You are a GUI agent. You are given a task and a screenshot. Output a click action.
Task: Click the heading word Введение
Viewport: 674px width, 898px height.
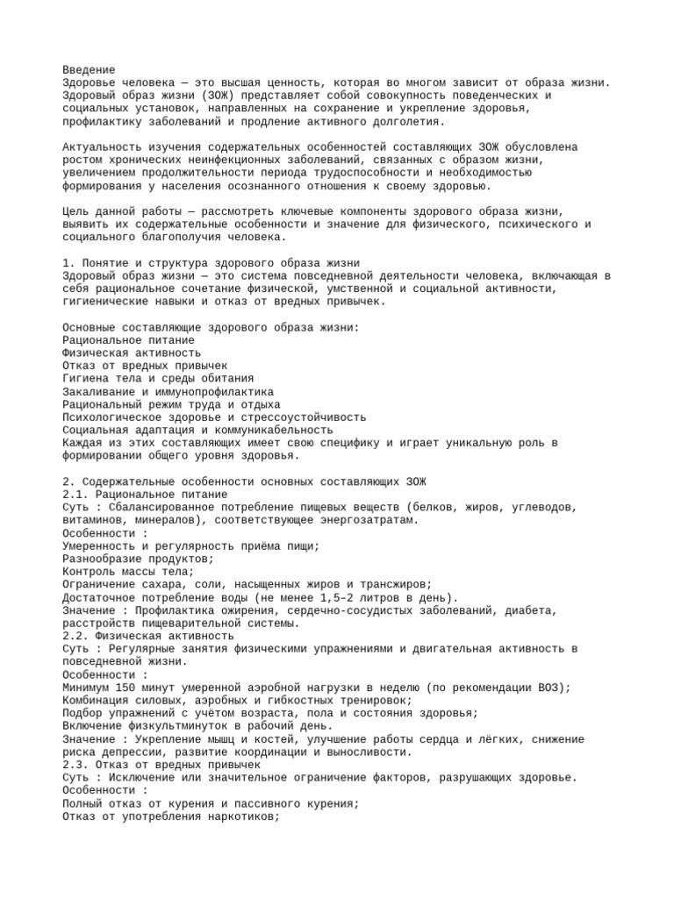[89, 69]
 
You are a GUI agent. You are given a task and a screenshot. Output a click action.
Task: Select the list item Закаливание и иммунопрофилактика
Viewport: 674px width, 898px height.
[168, 391]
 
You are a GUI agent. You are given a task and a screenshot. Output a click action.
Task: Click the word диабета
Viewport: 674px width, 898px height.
[529, 610]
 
